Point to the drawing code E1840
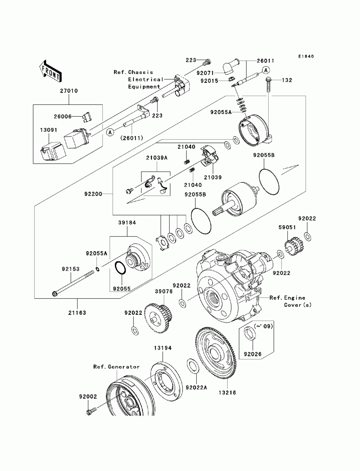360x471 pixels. pos(306,56)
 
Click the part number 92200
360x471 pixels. pos(93,194)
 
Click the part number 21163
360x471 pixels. pos(77,313)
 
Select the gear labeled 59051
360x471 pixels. pos(294,246)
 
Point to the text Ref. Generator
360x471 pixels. pos(116,367)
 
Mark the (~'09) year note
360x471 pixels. pos(263,326)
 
